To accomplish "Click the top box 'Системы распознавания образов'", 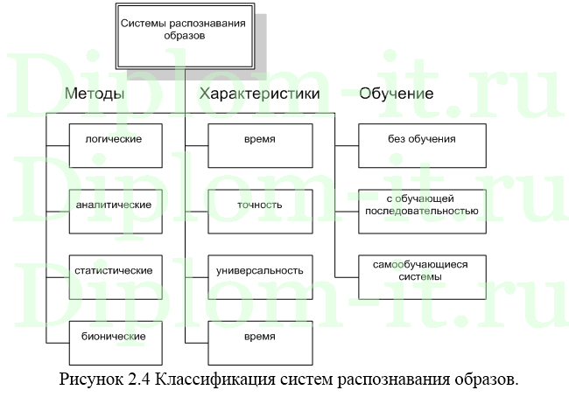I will [183, 31].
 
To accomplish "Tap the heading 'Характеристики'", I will [259, 94].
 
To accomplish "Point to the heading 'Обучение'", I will [397, 94].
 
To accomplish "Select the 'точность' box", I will [259, 205].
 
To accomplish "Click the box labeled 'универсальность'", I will [259, 271].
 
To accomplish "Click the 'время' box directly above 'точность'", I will [259, 140].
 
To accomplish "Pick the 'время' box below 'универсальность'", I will [259, 337].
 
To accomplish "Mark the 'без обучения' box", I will [422, 140].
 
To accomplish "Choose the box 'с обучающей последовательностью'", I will [422, 205].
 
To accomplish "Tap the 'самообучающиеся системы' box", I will [422, 271].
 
